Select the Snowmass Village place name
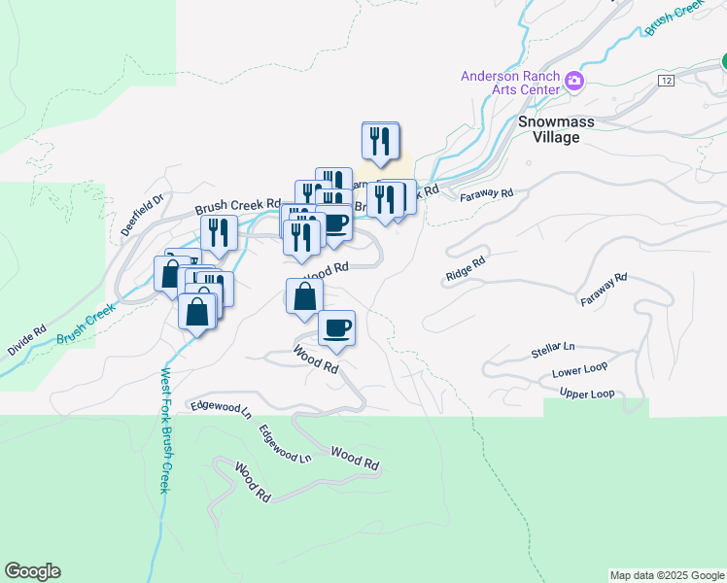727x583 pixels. (x=548, y=129)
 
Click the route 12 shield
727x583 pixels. (x=665, y=79)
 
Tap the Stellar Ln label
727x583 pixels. (x=553, y=347)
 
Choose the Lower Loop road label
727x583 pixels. (x=579, y=372)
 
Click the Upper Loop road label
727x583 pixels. (x=587, y=394)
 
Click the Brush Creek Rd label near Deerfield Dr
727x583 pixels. (x=237, y=206)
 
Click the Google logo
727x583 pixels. (x=32, y=571)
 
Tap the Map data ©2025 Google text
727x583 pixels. (x=667, y=575)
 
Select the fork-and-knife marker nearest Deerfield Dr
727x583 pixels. (x=219, y=233)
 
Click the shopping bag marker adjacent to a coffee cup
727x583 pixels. (x=304, y=296)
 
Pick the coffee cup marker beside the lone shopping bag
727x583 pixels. (x=336, y=327)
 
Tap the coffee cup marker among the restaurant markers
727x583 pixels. (x=334, y=223)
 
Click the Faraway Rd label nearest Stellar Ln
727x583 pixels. (x=604, y=291)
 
